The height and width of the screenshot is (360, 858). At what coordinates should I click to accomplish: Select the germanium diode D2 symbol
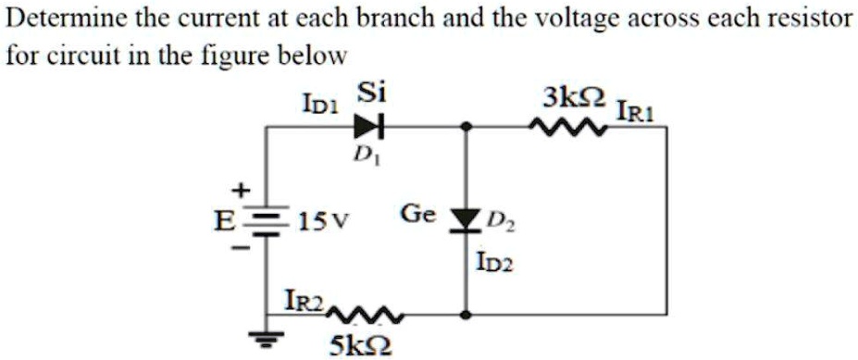click(466, 221)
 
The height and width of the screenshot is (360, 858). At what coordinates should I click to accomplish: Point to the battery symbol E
click(266, 223)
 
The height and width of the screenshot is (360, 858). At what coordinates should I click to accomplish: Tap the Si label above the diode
click(372, 94)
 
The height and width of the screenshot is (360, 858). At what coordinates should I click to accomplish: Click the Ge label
click(418, 214)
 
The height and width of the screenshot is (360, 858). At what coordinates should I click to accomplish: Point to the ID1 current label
click(321, 104)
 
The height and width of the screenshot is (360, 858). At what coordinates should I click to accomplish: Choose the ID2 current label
click(496, 266)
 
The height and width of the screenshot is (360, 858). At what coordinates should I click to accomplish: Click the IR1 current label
click(636, 111)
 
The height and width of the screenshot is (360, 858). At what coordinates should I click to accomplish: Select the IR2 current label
click(305, 301)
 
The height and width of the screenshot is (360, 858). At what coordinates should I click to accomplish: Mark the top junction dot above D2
click(466, 128)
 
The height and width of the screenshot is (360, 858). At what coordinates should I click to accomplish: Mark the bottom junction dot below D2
click(466, 316)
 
